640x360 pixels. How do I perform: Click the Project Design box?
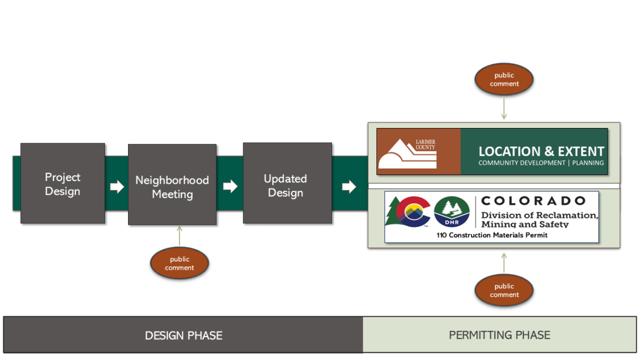click(x=62, y=184)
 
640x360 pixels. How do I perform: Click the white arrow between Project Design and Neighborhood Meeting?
click(x=117, y=187)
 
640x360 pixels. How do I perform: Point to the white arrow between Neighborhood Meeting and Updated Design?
click(x=230, y=187)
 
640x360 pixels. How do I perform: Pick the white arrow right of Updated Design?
click(x=349, y=187)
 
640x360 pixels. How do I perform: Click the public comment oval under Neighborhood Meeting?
click(x=179, y=263)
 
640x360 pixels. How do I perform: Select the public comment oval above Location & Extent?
click(x=504, y=80)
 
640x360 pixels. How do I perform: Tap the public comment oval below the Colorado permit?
click(x=504, y=290)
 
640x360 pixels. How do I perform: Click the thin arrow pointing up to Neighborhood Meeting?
click(x=179, y=236)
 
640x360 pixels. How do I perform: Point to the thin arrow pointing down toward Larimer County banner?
click(x=504, y=108)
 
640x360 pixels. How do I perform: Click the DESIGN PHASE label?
click(x=183, y=335)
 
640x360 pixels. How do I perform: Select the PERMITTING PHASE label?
click(x=499, y=335)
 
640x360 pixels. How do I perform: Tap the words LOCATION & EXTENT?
click(x=541, y=152)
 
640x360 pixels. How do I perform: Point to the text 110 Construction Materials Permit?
click(x=492, y=235)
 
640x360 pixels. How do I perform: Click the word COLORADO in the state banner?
click(x=533, y=201)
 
